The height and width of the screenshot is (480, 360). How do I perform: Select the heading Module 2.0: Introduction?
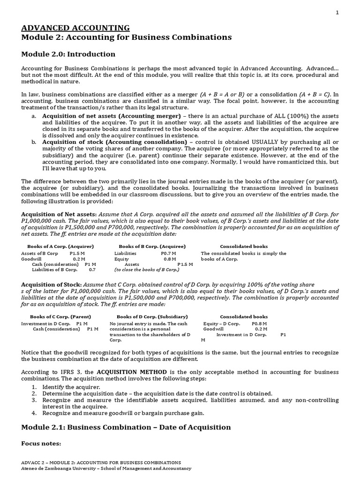coord(68,54)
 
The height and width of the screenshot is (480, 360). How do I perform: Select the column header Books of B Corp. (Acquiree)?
coord(152,246)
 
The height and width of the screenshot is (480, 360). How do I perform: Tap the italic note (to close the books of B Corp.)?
coord(147,270)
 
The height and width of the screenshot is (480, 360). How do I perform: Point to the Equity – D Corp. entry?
coord(222,323)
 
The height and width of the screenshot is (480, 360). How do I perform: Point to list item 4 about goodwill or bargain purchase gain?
coord(123,413)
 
